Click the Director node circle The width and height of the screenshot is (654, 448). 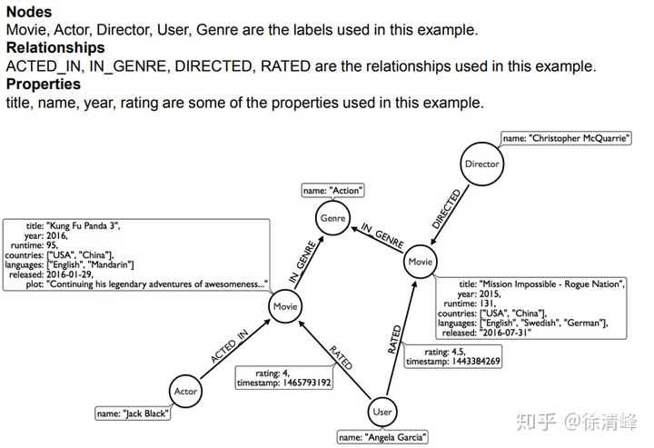481,164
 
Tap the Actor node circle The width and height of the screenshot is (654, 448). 184,392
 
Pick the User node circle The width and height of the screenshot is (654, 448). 381,412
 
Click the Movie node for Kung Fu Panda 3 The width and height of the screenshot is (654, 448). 285,307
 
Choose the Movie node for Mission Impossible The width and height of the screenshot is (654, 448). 420,261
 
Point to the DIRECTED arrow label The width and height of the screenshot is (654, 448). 446,208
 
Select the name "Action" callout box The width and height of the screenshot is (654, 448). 333,191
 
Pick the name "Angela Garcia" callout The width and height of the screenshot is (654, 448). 382,438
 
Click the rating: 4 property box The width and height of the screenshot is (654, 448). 284,377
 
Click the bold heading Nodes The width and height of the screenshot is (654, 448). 28,12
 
